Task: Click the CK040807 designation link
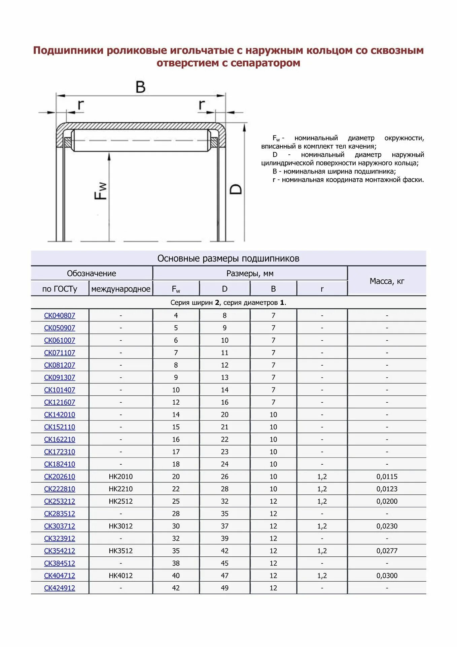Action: pos(60,315)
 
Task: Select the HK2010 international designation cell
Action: pos(120,476)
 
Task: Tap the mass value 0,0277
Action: pos(387,551)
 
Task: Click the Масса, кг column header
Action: pos(387,281)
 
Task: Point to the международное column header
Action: pos(120,289)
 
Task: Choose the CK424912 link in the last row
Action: pos(60,588)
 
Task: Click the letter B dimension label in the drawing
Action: pos(140,87)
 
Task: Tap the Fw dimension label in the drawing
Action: pos(101,191)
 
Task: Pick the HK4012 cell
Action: pos(120,576)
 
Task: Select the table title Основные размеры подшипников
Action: pos(228,258)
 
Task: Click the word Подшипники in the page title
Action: pos(68,51)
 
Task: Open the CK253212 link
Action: pos(60,501)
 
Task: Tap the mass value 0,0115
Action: pos(387,476)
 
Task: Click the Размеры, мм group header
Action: pos(250,273)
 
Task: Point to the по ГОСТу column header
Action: pos(60,289)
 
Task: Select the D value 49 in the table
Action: pos(224,588)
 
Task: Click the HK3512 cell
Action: pos(120,551)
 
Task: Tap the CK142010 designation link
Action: pos(60,414)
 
